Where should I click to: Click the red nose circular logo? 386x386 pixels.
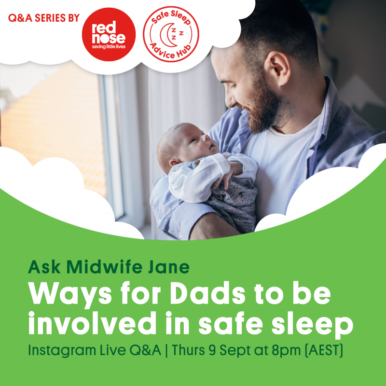tap(109, 34)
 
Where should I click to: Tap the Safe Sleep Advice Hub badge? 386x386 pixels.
tap(171, 34)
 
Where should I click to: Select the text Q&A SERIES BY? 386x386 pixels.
tap(44, 18)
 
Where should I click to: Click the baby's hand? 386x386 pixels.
tap(223, 181)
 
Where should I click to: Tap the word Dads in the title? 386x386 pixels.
tap(207, 294)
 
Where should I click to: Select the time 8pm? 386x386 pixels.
tap(286, 351)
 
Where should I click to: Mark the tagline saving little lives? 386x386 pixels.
tap(109, 46)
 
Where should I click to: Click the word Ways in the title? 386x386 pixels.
tap(69, 295)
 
